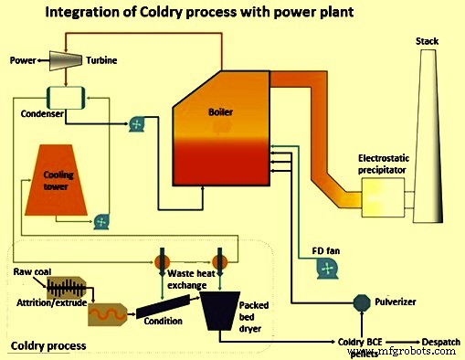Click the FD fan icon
322,266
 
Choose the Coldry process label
47,346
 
